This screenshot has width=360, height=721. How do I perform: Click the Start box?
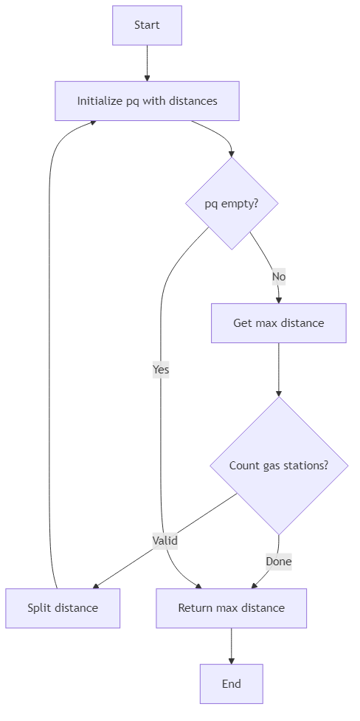(147, 25)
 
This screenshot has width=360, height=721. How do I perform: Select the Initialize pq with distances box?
(147, 100)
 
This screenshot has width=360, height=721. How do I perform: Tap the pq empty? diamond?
(232, 203)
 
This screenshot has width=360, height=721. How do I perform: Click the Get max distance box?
(278, 323)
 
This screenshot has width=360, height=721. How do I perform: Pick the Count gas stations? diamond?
(278, 466)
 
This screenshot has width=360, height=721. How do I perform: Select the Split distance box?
(63, 608)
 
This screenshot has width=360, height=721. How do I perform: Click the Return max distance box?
(231, 608)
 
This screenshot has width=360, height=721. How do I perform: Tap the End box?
(231, 683)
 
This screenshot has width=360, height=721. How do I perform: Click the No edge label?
(278, 277)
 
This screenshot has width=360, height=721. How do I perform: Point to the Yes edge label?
(161, 370)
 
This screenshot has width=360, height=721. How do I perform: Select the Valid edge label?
(165, 540)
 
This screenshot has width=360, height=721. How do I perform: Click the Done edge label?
(278, 562)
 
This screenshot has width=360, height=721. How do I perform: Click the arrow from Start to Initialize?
(147, 63)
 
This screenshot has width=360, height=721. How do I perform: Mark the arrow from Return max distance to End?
(231, 646)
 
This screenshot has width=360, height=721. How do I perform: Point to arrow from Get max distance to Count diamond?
(278, 369)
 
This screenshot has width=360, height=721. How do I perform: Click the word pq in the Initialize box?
(133, 100)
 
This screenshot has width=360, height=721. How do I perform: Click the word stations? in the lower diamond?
(305, 466)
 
